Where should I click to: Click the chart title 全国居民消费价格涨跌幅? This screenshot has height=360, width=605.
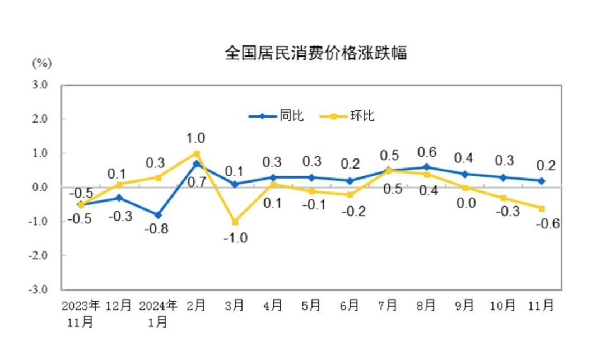tap(315, 54)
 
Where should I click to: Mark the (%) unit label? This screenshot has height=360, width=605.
tap(41, 63)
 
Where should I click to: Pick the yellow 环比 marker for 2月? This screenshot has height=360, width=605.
tap(197, 153)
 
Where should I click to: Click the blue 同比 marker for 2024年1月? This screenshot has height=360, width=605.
tap(158, 215)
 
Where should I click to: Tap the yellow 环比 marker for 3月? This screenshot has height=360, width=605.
tap(235, 222)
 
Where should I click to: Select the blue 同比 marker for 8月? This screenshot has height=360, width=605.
tap(427, 167)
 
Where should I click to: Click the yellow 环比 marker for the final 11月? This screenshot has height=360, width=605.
tap(542, 208)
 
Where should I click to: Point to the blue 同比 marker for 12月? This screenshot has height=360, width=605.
tap(119, 198)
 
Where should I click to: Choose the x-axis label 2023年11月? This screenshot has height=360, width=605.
tap(81, 313)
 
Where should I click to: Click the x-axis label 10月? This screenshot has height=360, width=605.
tap(502, 306)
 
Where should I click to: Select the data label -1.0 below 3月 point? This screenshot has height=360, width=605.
tap(235, 237)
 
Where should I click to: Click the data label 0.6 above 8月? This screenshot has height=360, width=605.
tap(427, 152)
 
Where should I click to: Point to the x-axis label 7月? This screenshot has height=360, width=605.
tap(388, 306)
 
